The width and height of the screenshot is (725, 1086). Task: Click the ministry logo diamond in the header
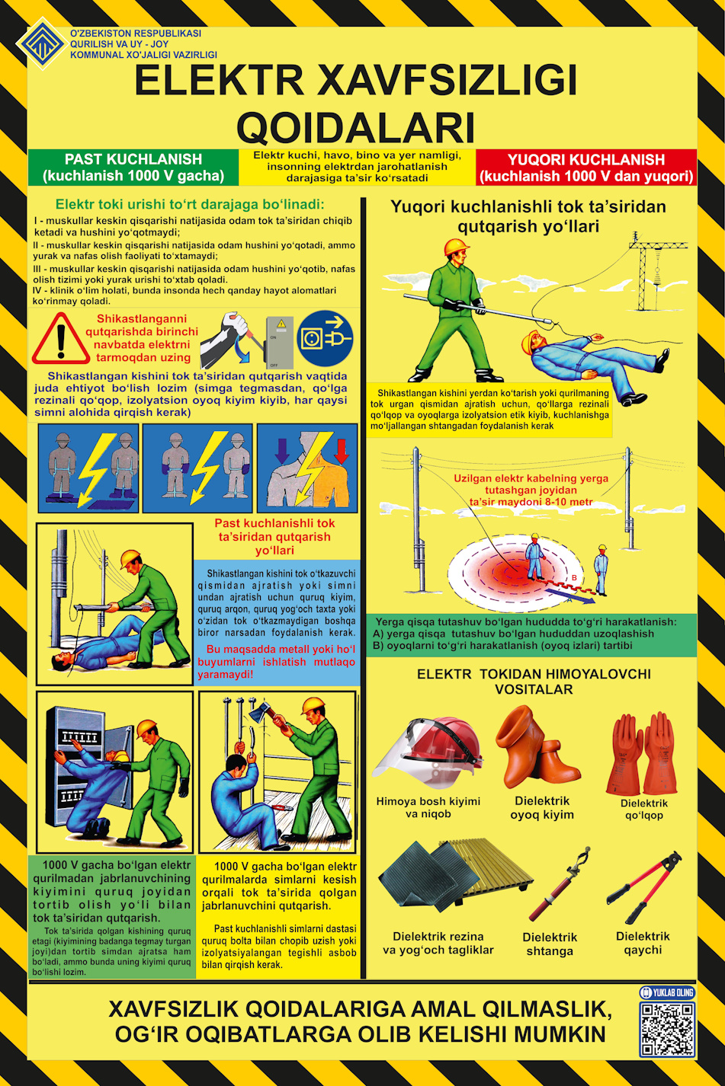tap(41, 43)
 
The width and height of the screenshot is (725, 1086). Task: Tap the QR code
tap(667, 1030)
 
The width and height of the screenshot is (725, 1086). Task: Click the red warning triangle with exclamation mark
tap(61, 338)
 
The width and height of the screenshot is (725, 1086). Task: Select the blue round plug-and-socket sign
tap(325, 338)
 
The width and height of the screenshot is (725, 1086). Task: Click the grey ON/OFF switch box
tap(279, 343)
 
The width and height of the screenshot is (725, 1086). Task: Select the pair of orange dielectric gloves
tap(643, 752)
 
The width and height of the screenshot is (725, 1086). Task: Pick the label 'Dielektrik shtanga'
tap(550, 944)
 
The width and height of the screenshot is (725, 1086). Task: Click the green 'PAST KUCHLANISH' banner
tap(133, 168)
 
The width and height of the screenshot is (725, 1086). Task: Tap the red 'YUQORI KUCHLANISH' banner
tap(586, 168)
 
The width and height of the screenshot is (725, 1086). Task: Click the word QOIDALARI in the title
tap(355, 127)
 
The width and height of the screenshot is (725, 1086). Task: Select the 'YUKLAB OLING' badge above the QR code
tap(667, 992)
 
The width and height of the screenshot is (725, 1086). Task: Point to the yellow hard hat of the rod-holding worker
tap(456, 248)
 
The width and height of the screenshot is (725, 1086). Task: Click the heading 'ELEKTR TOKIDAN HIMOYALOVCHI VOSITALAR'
tap(534, 681)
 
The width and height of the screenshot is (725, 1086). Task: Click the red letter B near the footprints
tap(575, 578)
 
